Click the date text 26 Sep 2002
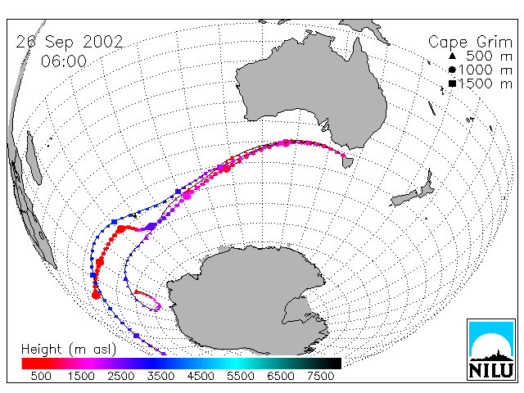70,43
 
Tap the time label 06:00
64,61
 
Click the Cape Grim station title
471,43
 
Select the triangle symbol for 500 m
452,56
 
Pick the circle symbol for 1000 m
452,70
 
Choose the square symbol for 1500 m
452,84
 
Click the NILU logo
491,350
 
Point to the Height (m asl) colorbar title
69,350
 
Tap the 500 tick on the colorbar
41,377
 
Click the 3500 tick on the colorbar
160,377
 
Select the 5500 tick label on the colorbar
241,377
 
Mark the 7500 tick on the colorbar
320,377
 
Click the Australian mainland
311,87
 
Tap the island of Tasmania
347,161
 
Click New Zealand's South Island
404,198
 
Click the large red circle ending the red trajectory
96,295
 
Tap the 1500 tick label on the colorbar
81,377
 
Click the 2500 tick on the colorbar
121,377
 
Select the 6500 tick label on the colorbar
281,377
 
